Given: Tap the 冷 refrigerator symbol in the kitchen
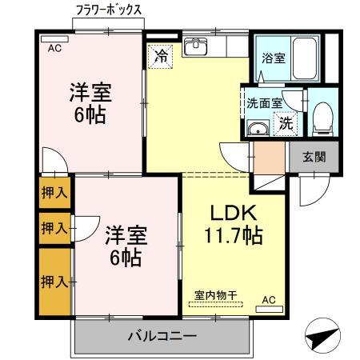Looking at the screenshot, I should [x=162, y=57].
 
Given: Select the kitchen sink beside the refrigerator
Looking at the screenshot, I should [x=195, y=47].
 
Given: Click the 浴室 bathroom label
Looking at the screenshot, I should [x=273, y=58].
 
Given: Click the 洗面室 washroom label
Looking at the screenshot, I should [x=262, y=102].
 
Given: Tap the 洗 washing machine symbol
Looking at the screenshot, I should [x=286, y=123].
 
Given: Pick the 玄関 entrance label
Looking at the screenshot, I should [x=314, y=157].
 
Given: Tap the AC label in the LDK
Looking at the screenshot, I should [x=268, y=300].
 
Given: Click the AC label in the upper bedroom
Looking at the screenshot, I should [x=54, y=49].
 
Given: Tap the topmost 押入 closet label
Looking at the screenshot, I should [x=54, y=192].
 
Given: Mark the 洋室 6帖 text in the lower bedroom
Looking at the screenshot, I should [x=126, y=246].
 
